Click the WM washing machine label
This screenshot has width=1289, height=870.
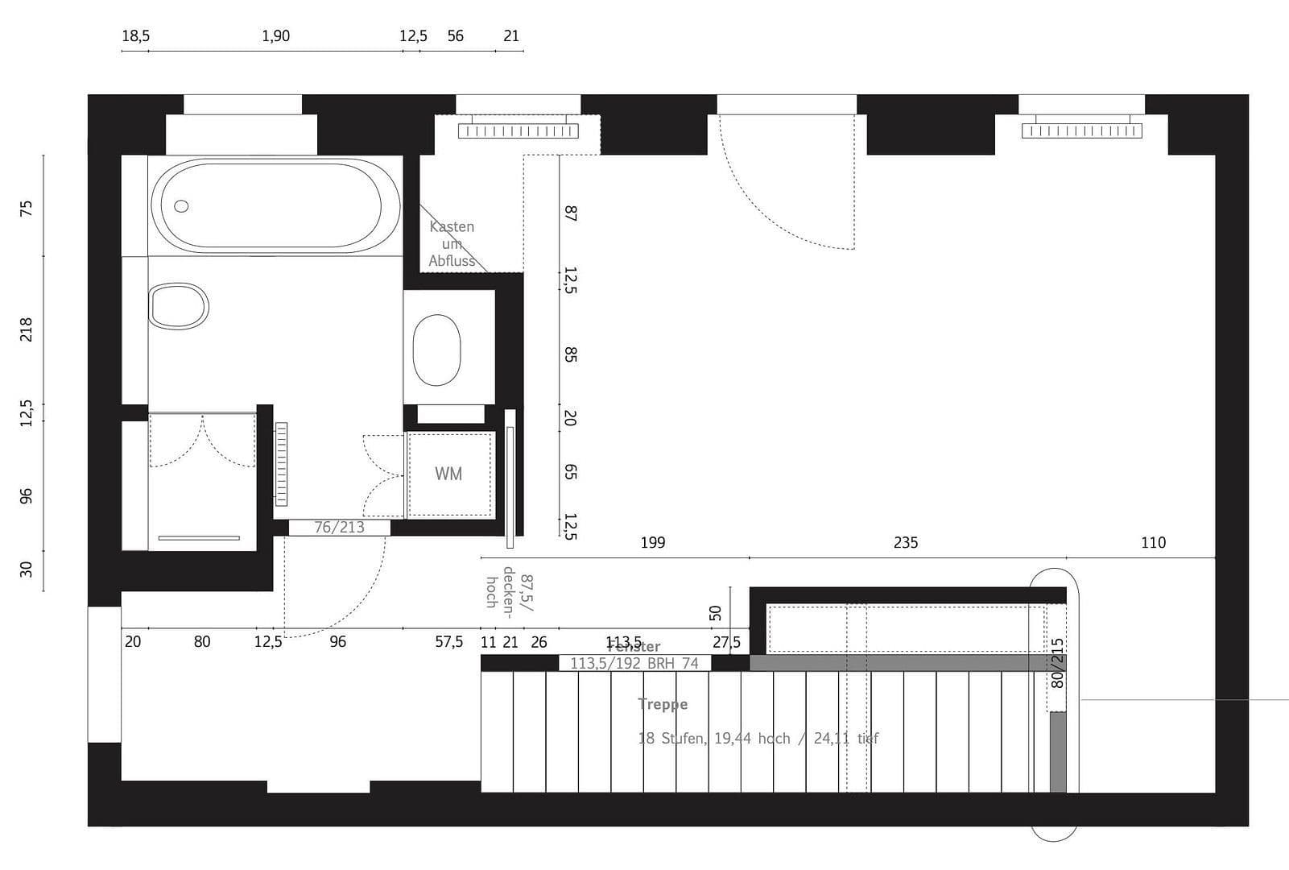448,474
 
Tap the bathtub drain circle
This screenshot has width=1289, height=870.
181,206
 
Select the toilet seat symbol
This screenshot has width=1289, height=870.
179,306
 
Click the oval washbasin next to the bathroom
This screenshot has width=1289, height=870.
436,350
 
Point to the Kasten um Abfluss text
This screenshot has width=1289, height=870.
452,243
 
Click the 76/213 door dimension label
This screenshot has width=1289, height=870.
339,528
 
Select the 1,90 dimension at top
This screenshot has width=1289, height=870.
275,36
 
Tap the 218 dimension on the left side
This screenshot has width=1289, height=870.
27,329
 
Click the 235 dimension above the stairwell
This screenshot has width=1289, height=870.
905,543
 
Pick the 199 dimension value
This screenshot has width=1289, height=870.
652,543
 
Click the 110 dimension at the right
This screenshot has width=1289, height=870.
1153,543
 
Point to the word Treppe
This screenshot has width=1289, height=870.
663,704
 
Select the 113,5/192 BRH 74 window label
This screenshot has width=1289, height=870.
634,664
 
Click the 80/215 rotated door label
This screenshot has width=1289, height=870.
1058,663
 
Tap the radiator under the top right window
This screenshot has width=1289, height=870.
1081,130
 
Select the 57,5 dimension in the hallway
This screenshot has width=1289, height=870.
448,642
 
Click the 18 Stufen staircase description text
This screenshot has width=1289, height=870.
758,738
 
